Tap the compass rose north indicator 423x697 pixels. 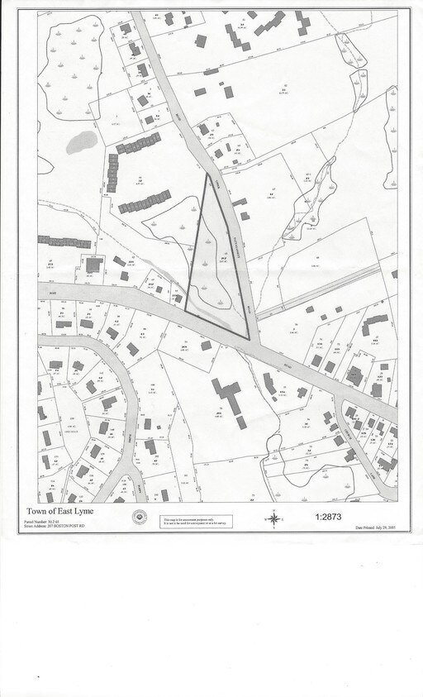coord(273,518)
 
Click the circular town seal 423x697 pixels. coord(140,518)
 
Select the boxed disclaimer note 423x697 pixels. coord(196,521)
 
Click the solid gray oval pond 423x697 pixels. coord(81,142)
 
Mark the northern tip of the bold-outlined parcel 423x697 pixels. coord(207,174)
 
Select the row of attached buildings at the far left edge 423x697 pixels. coord(64,241)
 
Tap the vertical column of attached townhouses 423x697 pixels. coord(113,172)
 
